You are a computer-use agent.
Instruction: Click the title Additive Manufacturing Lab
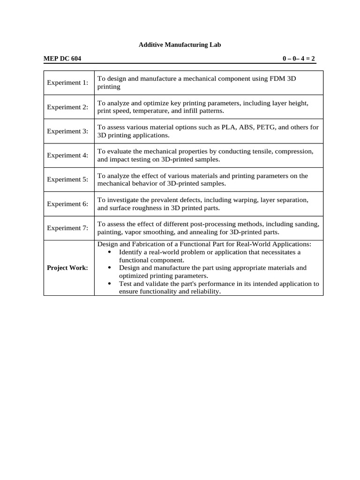coord(180,45)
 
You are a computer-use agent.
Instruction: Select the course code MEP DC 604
coord(62,59)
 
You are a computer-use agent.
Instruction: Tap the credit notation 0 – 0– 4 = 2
coord(299,59)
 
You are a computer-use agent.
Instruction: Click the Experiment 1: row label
coord(67,83)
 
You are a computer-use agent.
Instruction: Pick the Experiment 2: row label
coord(67,107)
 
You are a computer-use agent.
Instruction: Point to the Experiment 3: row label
coord(67,132)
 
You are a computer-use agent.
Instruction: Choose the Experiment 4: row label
coord(67,156)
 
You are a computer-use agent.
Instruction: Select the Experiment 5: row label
coord(67,180)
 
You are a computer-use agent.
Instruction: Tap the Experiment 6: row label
coord(67,204)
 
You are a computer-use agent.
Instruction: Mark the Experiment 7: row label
coord(67,228)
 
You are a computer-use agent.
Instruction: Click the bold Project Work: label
coord(67,268)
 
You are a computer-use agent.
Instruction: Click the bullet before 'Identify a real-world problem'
coord(109,252)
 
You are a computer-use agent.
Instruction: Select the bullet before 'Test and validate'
coord(109,284)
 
